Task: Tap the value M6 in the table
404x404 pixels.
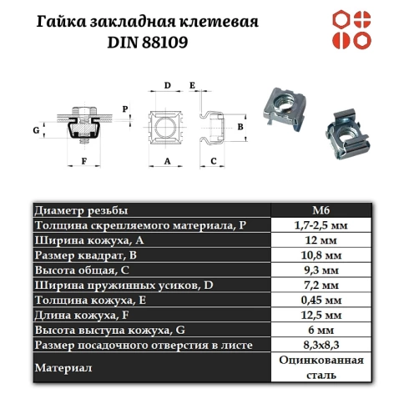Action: point(321,210)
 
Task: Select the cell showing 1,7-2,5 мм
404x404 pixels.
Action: point(321,225)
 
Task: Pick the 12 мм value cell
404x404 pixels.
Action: point(321,240)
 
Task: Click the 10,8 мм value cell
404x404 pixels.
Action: point(321,255)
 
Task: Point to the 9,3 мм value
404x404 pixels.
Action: point(321,270)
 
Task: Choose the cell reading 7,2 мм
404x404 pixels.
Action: point(321,285)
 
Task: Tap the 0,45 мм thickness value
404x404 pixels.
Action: point(321,300)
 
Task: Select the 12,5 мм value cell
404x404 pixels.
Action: point(321,316)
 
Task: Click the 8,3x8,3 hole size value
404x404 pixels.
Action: point(321,345)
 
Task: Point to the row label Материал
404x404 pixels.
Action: point(63,367)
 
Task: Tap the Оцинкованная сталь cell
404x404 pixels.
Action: point(321,367)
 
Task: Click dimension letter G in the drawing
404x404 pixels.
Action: point(37,131)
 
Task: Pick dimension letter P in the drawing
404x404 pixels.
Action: point(125,109)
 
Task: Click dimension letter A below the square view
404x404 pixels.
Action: point(168,159)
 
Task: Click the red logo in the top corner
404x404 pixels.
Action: point(353,30)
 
